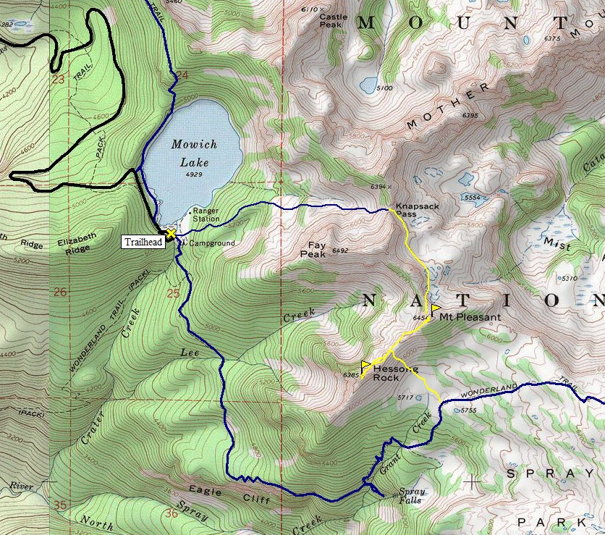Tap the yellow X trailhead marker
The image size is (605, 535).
[171, 233]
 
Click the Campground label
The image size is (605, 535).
[212, 243]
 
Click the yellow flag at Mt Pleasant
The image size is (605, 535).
[436, 309]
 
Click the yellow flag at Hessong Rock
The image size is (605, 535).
[365, 364]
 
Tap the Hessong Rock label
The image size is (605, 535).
[394, 373]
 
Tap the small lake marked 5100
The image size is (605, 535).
[368, 85]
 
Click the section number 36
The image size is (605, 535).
[172, 513]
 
